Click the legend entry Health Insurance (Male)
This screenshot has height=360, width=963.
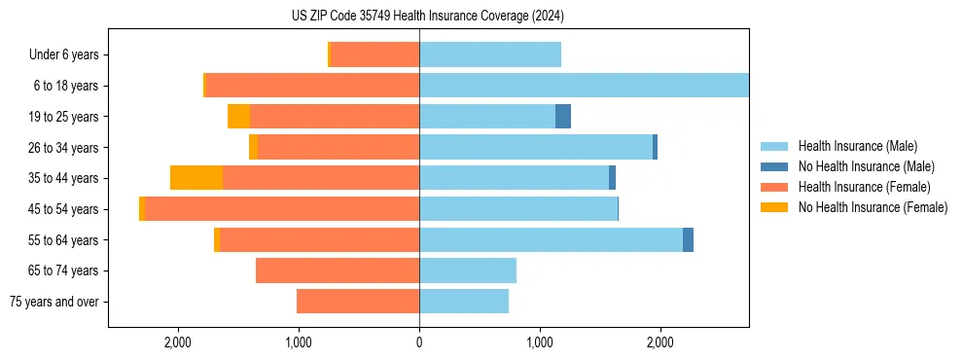851,146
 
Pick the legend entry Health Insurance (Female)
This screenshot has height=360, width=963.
857,187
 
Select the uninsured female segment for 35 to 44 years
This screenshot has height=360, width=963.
196,178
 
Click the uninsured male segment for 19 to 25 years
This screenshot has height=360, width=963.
563,117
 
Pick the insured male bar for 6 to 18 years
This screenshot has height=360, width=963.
584,86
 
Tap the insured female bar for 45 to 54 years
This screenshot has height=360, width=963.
282,209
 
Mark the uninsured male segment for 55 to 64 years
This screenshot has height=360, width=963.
688,239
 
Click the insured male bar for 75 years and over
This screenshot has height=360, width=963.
464,302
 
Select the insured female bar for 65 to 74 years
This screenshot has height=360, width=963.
338,270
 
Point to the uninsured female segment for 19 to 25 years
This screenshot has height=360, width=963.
238,117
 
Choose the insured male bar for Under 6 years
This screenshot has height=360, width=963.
490,55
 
